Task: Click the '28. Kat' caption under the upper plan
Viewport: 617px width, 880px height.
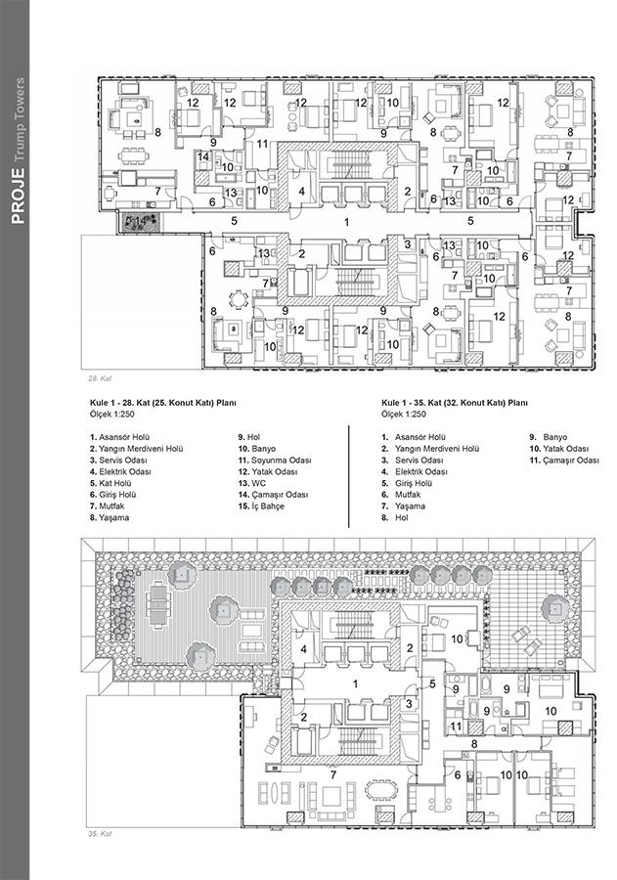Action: click(x=101, y=378)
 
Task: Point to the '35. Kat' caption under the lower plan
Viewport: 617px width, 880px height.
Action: click(x=101, y=834)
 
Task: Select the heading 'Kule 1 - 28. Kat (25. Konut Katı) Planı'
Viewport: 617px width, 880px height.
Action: click(x=163, y=403)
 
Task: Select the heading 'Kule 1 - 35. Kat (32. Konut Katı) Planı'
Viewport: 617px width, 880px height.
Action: click(x=454, y=403)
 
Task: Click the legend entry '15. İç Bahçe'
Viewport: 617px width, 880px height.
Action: click(x=261, y=506)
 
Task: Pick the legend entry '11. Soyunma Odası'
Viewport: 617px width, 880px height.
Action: click(x=275, y=461)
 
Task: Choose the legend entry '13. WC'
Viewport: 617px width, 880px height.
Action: click(x=252, y=483)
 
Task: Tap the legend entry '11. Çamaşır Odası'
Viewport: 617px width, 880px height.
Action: click(x=564, y=461)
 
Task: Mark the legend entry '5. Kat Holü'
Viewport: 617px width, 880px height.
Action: click(x=110, y=483)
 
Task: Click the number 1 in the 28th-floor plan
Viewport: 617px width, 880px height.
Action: click(x=346, y=222)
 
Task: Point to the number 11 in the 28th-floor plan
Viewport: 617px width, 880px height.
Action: click(x=262, y=145)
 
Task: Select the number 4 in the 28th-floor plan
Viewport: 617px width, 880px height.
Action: click(x=301, y=192)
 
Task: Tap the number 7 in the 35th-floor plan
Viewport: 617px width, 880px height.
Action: click(x=332, y=775)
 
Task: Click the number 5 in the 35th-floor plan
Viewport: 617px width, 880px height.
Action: click(x=432, y=684)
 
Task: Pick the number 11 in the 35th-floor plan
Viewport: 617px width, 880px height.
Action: click(x=456, y=726)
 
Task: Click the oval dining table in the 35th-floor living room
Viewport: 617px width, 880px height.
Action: click(x=380, y=790)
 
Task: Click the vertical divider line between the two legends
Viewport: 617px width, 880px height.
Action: click(x=349, y=476)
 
